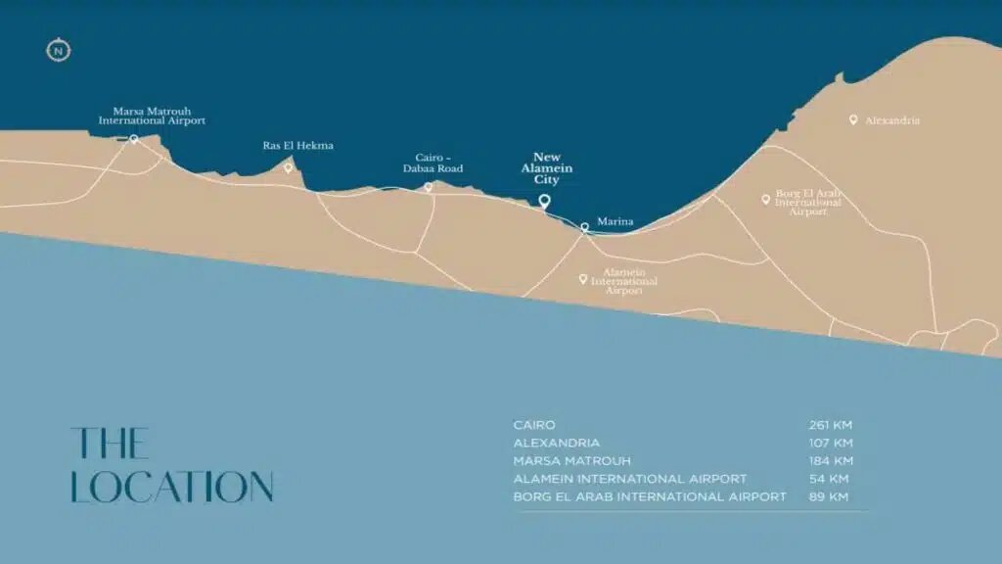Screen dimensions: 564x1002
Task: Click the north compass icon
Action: click(x=59, y=50)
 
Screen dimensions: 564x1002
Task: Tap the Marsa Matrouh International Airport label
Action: click(x=152, y=116)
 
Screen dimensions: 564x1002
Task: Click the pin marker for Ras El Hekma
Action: click(x=289, y=167)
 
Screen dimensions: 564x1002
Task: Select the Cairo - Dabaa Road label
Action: click(x=433, y=163)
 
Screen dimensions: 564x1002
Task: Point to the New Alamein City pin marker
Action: click(x=545, y=202)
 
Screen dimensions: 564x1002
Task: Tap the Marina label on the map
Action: click(x=615, y=222)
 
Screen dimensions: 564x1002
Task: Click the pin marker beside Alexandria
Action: click(x=853, y=119)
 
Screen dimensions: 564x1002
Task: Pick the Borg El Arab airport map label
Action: click(x=808, y=202)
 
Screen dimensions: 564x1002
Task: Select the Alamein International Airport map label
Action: click(x=630, y=282)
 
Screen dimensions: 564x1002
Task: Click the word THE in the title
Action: click(x=110, y=444)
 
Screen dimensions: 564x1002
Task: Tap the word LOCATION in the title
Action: click(x=172, y=488)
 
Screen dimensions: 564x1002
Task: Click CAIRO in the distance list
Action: click(x=534, y=425)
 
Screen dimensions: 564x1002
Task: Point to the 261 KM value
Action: click(x=831, y=425)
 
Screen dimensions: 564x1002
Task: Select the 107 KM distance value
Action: click(x=831, y=443)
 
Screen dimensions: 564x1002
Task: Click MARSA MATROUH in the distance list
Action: click(x=572, y=461)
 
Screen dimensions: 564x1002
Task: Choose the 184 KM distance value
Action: click(x=831, y=461)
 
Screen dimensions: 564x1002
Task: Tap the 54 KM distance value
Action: click(x=829, y=479)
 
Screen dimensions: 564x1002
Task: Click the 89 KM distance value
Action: click(x=829, y=496)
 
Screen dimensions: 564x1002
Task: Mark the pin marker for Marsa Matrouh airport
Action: click(x=134, y=140)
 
